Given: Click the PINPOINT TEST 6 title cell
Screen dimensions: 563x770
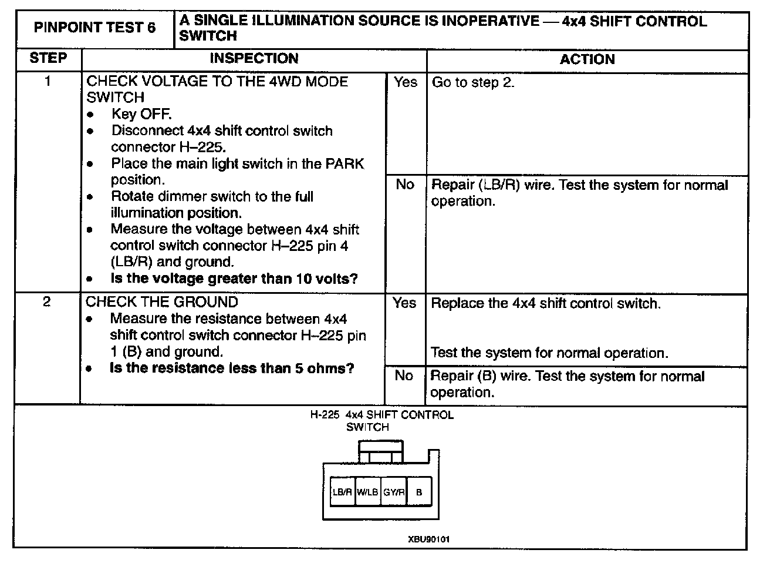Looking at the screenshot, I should [x=95, y=28].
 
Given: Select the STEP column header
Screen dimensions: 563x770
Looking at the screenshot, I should [x=48, y=58].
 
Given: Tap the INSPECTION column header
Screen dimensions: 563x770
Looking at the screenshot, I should [x=254, y=58].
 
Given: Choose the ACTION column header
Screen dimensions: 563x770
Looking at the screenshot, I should [x=587, y=59].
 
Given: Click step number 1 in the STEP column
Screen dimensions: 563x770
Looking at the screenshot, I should [x=48, y=81].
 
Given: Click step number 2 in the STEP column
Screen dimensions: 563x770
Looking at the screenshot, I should [x=47, y=302].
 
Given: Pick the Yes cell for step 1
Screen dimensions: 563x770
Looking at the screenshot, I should [x=406, y=82].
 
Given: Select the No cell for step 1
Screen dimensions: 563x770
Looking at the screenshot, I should [x=405, y=185].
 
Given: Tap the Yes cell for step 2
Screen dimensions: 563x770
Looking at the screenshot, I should [x=404, y=303].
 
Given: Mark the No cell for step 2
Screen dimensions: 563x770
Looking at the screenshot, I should [x=404, y=376].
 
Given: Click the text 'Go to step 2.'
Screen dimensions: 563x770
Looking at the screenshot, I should [x=473, y=82].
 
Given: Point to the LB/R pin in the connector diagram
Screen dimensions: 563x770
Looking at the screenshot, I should [x=342, y=492].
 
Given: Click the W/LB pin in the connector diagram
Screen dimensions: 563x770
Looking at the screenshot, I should [x=367, y=492].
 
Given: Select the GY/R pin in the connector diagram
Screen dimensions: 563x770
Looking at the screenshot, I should [x=393, y=492].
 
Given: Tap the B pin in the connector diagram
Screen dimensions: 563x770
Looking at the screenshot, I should [x=418, y=492].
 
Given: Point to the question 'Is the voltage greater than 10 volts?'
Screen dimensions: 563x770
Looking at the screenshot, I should [x=234, y=279].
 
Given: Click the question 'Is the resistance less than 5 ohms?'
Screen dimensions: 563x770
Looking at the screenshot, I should [x=232, y=368].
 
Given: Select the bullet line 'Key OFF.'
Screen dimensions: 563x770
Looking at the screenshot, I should [x=141, y=114].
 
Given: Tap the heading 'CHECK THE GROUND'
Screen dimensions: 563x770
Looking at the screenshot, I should [x=162, y=302].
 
